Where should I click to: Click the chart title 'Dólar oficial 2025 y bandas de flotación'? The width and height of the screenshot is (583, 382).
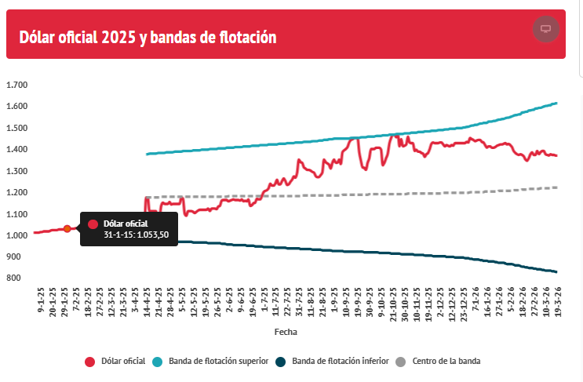pyautogui.click(x=148, y=37)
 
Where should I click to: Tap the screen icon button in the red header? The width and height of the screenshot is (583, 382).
pyautogui.click(x=545, y=29)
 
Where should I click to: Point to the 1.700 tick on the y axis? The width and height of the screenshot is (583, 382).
pyautogui.click(x=16, y=85)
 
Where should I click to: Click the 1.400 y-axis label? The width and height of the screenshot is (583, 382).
pyautogui.click(x=16, y=150)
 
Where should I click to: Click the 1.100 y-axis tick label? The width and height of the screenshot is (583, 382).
pyautogui.click(x=16, y=214)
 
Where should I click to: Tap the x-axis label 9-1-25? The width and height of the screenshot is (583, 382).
pyautogui.click(x=40, y=302)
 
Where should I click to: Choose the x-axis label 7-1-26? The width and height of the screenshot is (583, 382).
pyautogui.click(x=475, y=302)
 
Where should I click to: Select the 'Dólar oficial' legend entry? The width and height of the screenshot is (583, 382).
pyautogui.click(x=115, y=362)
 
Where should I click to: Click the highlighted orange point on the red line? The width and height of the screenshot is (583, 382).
pyautogui.click(x=67, y=228)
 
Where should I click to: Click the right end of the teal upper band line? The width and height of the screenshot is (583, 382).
pyautogui.click(x=556, y=103)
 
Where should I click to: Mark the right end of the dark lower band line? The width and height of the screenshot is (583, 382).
pyautogui.click(x=556, y=271)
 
